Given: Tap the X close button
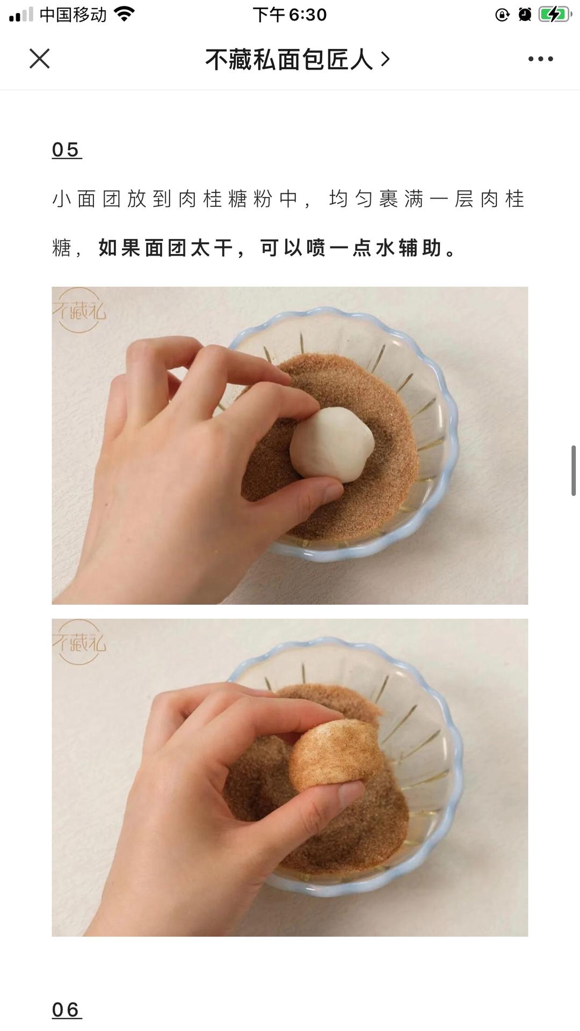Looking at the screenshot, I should [39, 59].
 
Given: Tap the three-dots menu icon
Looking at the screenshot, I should [540, 59].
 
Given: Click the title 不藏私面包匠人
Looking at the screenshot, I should [289, 59].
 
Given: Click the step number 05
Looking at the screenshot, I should [66, 150].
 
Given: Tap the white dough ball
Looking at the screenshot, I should [332, 442].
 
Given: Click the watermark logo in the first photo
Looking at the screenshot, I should [79, 310].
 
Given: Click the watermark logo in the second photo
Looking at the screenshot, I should [79, 642].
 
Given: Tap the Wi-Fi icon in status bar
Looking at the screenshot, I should [125, 14].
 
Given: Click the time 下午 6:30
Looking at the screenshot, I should [289, 14].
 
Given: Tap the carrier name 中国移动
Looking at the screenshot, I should [73, 14].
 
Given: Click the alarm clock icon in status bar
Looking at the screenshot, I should [525, 14].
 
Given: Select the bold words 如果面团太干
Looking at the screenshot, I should [165, 248].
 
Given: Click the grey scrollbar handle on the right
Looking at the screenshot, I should [574, 470].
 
